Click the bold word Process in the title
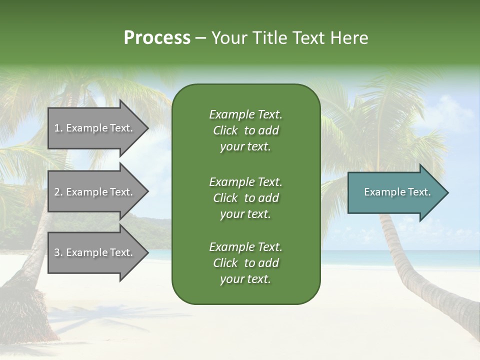click(x=157, y=38)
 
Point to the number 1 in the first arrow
click(x=57, y=128)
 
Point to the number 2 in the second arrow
click(x=57, y=192)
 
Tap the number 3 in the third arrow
click(x=57, y=252)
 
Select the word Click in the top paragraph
click(x=225, y=130)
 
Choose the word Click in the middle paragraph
click(x=225, y=198)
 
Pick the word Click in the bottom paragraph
click(x=225, y=263)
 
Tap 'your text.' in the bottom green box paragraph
click(x=245, y=279)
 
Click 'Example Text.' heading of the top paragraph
click(x=245, y=114)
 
